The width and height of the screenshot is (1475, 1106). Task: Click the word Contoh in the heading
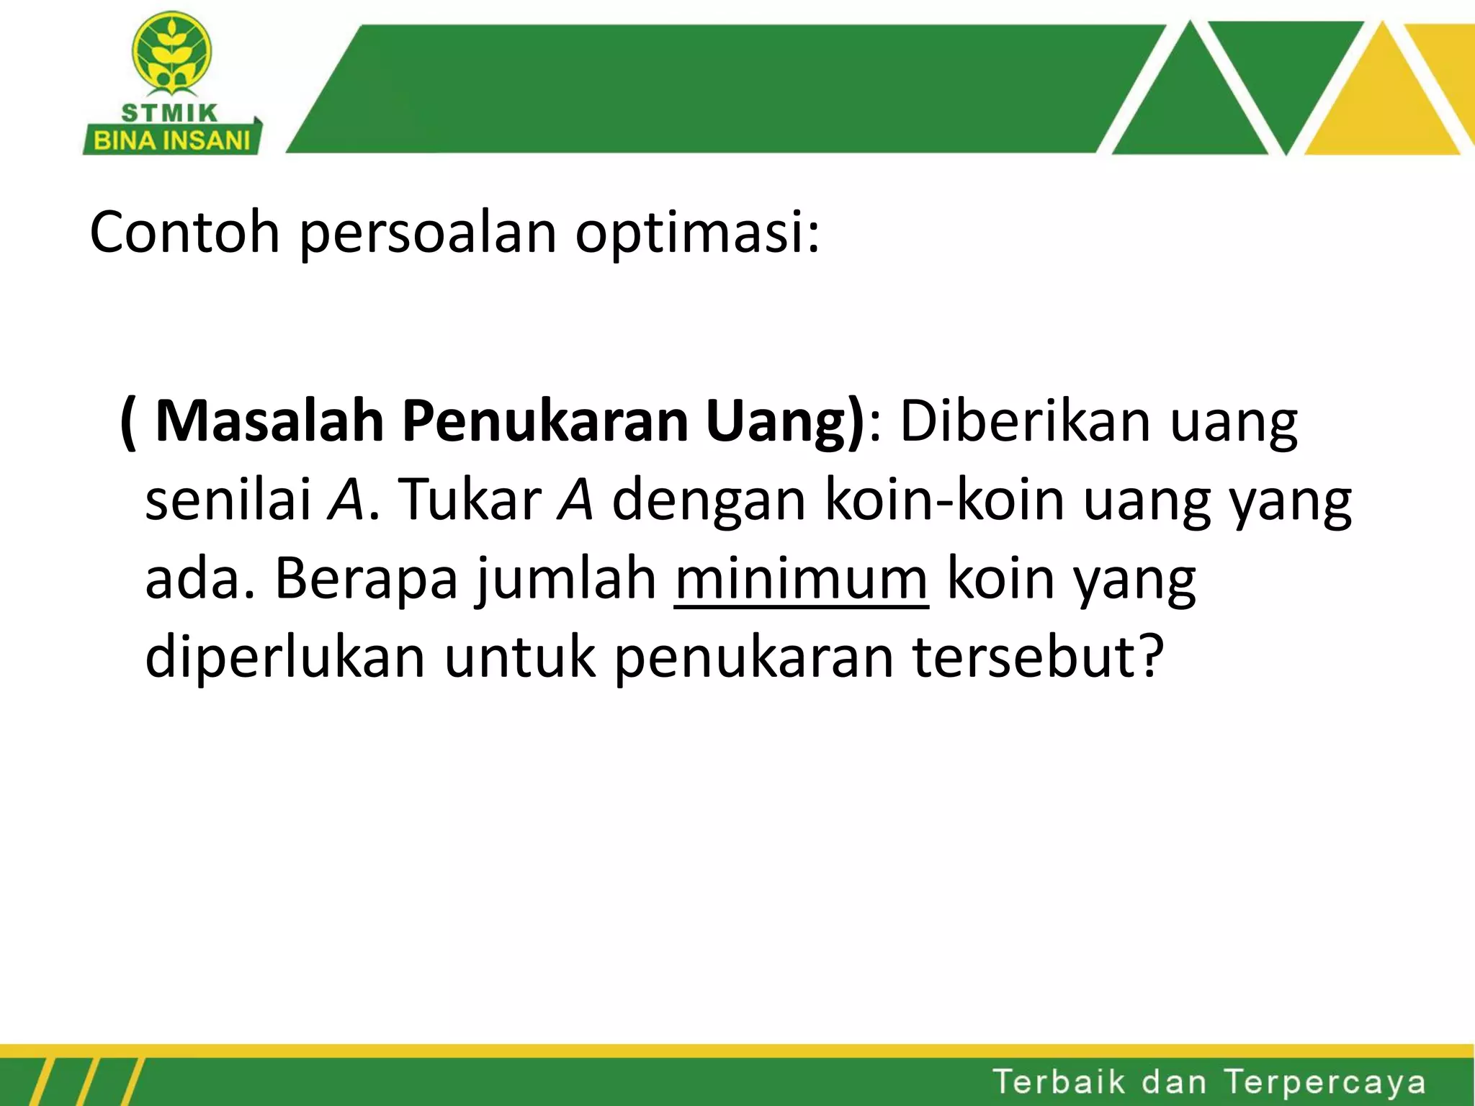tap(184, 232)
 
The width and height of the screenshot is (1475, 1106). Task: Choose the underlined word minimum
tap(801, 578)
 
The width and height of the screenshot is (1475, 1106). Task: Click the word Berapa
tap(366, 578)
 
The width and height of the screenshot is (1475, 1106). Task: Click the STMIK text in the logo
tap(170, 113)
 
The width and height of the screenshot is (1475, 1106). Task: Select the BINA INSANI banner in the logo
tap(172, 140)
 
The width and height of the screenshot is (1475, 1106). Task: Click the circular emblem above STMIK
tap(171, 53)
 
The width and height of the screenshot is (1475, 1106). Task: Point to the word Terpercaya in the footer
tap(1324, 1082)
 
